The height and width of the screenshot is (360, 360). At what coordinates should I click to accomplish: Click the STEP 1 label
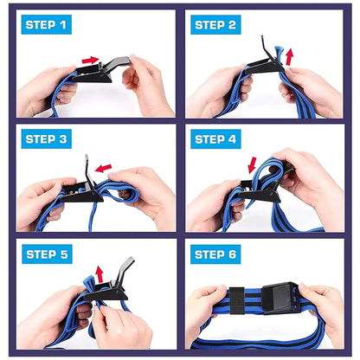(45, 25)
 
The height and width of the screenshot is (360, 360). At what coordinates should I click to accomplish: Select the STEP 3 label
(45, 140)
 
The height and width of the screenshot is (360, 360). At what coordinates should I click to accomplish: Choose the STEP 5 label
(45, 254)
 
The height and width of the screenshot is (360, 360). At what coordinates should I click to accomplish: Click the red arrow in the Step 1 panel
(90, 60)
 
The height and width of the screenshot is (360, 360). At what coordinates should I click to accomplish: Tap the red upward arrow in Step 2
(290, 57)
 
